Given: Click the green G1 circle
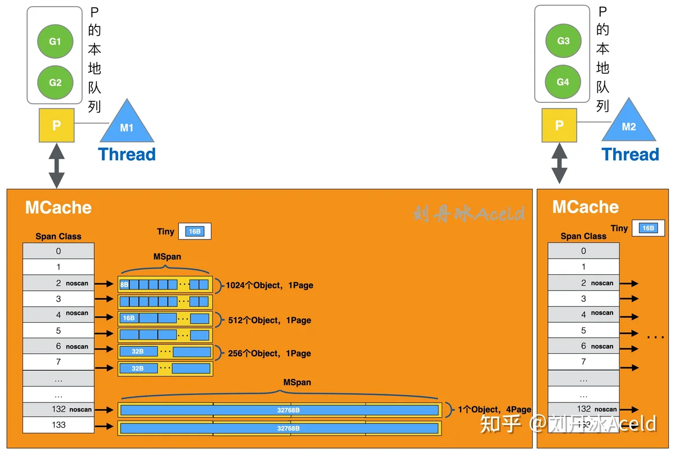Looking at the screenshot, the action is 55,41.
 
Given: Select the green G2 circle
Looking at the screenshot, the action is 55,82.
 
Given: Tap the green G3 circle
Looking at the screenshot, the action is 563,40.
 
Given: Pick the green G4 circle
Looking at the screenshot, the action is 563,82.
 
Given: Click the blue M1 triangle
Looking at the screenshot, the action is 127,124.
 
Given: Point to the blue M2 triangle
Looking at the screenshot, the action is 629,123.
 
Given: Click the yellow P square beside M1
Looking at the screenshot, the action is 57,125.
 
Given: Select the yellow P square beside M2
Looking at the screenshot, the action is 559,125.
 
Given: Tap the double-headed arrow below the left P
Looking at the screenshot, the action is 57,166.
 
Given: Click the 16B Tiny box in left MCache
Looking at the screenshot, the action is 195,231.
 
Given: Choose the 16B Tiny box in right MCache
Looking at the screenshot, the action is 648,228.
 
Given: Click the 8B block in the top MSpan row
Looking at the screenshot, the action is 124,284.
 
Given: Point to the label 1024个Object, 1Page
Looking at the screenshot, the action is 269,285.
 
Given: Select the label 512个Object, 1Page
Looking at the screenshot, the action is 269,320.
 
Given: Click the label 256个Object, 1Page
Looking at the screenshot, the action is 269,353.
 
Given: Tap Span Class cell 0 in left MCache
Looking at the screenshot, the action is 58,251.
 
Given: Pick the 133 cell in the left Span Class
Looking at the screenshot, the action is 58,425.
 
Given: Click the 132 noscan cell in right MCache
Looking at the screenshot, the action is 584,409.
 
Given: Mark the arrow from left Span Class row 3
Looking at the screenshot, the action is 104,299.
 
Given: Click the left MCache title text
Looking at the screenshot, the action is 58,207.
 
